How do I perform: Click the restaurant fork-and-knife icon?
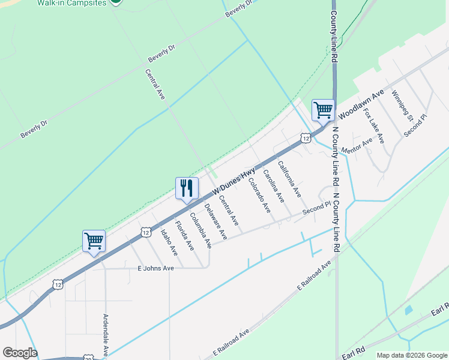187,188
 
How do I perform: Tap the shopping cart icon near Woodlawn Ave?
323,110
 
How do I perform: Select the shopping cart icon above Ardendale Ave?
94,241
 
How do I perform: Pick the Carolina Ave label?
274,187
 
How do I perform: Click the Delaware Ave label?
215,220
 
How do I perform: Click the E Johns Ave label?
155,268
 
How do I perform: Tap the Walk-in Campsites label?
71,2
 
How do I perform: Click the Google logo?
20,353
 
